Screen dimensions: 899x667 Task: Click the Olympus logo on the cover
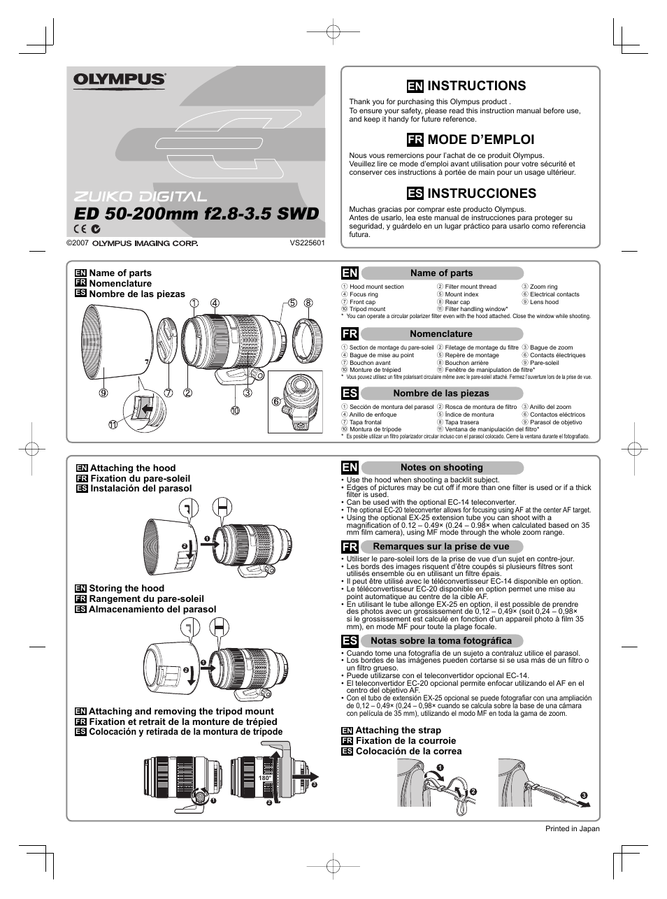point(120,80)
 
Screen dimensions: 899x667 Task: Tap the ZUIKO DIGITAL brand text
point(141,197)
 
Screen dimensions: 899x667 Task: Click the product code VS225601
point(308,243)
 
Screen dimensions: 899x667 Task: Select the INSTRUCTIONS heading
point(476,86)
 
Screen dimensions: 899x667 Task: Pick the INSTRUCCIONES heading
point(481,193)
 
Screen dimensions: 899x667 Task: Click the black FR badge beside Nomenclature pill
point(350,334)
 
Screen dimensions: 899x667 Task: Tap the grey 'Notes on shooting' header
point(441,468)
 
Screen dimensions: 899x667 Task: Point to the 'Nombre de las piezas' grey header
point(440,394)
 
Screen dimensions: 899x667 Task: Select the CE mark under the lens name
point(80,229)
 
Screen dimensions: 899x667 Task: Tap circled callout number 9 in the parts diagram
point(103,393)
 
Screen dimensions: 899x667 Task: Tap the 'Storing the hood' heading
point(127,589)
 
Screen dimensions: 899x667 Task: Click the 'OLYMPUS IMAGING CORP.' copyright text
point(145,243)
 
